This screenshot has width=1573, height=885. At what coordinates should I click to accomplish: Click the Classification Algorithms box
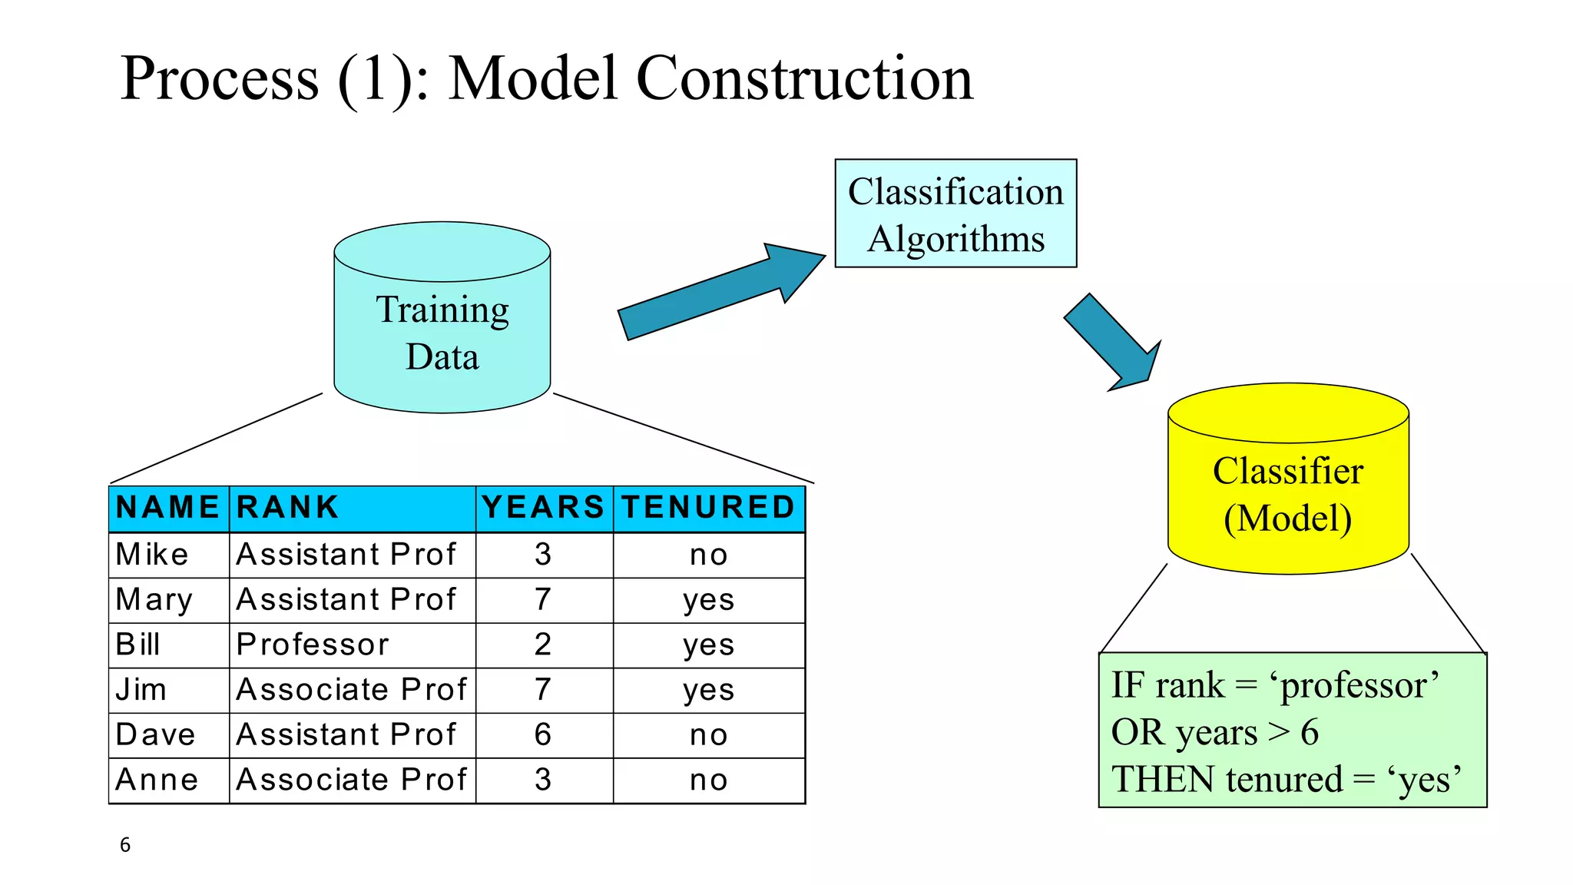pos(955,214)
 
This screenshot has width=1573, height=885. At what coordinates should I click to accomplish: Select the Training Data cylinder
pos(442,332)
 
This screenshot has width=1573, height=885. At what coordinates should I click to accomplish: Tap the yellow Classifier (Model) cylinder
pos(1288,493)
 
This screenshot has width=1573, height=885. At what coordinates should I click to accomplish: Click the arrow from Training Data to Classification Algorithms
pos(714,296)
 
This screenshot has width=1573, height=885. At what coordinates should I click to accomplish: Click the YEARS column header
pos(544,508)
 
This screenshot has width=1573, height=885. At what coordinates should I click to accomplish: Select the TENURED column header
pos(708,508)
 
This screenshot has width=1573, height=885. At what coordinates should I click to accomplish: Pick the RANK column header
pos(288,508)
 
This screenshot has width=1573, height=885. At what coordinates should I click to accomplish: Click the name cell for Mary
pos(154,600)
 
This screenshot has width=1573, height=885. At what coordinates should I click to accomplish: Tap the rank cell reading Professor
pos(313,645)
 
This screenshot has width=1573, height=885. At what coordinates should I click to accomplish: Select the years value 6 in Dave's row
pos(543,735)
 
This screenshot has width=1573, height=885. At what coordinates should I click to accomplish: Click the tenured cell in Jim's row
pos(708,690)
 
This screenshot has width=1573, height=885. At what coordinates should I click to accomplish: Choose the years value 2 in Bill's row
pos(543,645)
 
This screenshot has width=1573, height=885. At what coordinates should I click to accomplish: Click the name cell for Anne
pos(157,780)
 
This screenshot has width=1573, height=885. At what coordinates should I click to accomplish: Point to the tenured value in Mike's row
pos(708,555)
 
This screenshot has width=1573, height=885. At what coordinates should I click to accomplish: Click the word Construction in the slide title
pos(804,78)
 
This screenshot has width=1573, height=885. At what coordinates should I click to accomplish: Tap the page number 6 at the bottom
pos(125,845)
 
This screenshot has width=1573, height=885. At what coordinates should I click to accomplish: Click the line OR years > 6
pos(1215,732)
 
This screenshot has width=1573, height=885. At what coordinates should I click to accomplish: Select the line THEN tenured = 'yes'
pos(1286,779)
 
